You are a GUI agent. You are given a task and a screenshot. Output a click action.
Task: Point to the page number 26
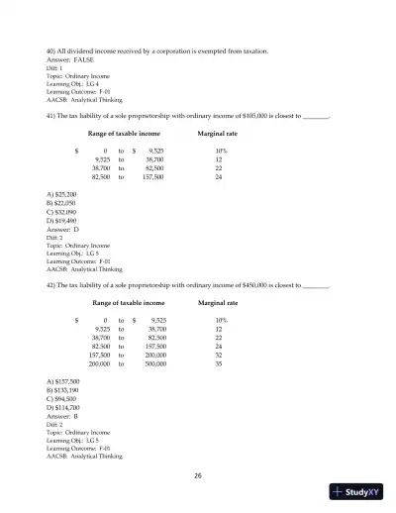pyautogui.click(x=198, y=475)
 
